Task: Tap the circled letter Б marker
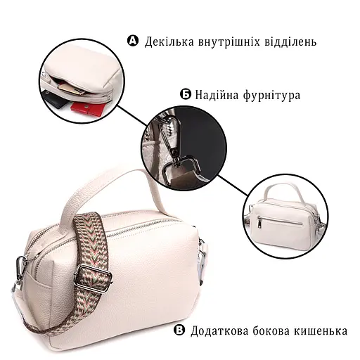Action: coord(186,94)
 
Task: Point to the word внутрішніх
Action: coord(230,41)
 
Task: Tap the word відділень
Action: coord(289,41)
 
